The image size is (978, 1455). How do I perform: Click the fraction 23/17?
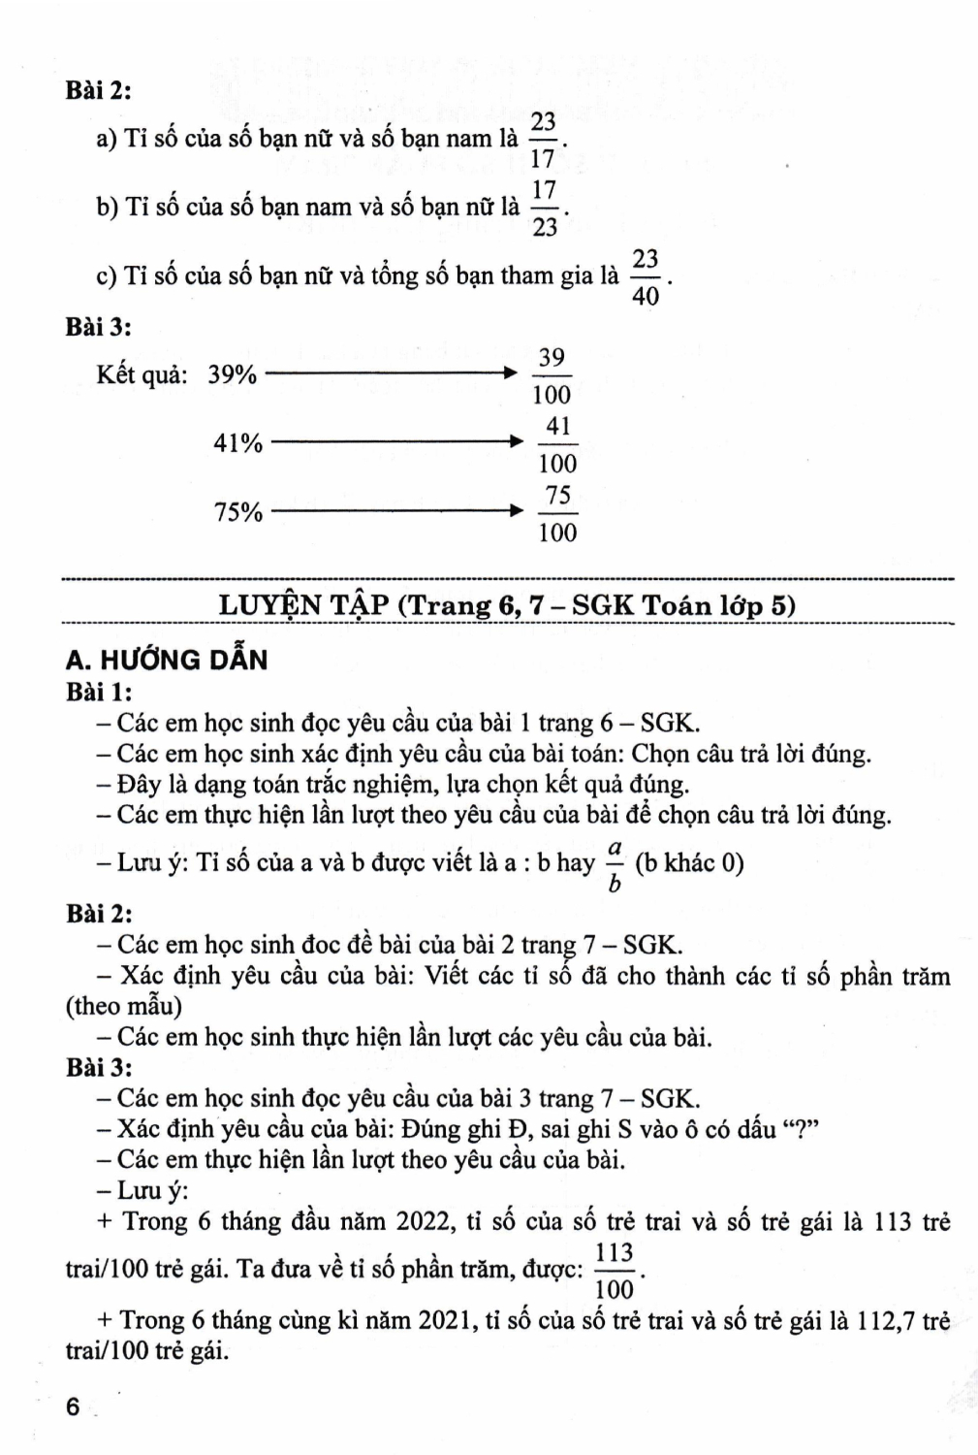coord(543,139)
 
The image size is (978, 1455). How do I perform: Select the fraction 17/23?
coord(545,208)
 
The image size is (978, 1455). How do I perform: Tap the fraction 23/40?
coord(646,276)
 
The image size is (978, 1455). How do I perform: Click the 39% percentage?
coord(232,374)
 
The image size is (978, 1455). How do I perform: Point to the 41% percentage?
coord(238,443)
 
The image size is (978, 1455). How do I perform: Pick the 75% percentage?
coord(238,512)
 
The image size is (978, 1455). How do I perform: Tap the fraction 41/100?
coord(557,444)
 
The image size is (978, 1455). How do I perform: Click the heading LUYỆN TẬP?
coord(305,604)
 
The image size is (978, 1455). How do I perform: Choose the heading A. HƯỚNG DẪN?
coord(166,660)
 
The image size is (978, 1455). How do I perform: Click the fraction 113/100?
coord(615,1270)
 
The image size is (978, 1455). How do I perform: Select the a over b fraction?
coord(614,864)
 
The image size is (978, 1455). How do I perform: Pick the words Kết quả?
coord(142,374)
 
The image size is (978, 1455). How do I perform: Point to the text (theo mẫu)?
coord(123,1006)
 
